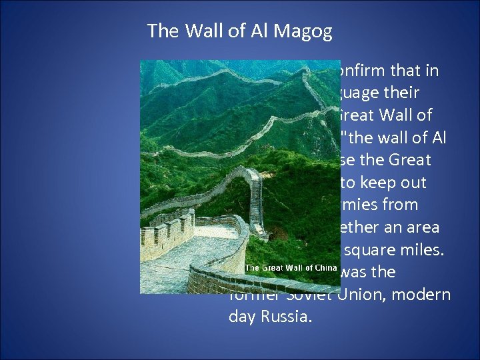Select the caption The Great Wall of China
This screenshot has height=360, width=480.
[291, 267]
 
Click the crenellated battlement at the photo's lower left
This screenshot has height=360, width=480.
[167, 230]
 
